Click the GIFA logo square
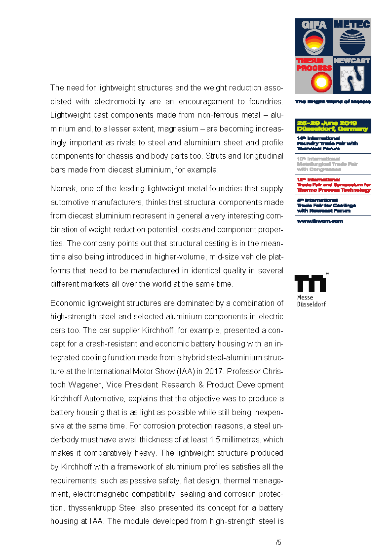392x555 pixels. (314, 38)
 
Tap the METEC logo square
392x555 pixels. (352, 38)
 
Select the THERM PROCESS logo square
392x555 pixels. (314, 75)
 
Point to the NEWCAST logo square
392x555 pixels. (352, 75)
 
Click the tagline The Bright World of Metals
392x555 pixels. (333, 102)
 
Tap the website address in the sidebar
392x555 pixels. (319, 221)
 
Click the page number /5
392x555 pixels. (278, 542)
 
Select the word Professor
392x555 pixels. (232, 371)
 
